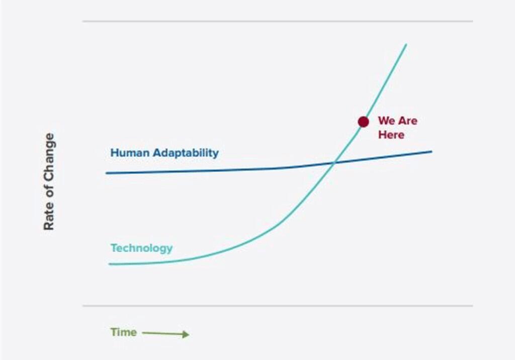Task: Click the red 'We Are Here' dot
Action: coord(363,122)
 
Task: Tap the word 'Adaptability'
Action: coord(186,153)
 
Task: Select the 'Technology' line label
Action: coord(141,248)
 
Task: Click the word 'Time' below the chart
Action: coord(124,332)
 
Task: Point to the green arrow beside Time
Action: coord(165,334)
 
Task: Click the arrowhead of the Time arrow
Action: coord(186,334)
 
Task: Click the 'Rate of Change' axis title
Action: coord(49,182)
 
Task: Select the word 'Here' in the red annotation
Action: coord(391,135)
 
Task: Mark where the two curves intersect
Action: coord(334,162)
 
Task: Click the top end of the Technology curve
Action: coord(406,44)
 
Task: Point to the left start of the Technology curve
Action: coord(110,264)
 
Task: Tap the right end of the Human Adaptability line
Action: coord(432,151)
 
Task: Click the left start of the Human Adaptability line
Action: coord(106,173)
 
